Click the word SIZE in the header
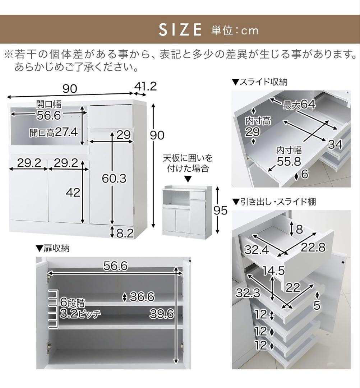(180, 30)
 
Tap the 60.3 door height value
(114, 179)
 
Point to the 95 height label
(220, 211)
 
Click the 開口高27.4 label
(54, 132)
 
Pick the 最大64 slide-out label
(299, 105)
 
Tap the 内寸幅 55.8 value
(289, 162)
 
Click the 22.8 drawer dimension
(313, 247)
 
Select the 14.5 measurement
(274, 271)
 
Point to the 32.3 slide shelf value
(248, 293)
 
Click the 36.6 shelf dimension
(142, 297)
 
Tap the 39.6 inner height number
(162, 314)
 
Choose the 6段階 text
(73, 302)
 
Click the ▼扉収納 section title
(53, 248)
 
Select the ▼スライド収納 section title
(259, 82)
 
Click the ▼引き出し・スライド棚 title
(274, 202)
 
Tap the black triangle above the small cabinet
(188, 179)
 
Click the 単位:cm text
(235, 31)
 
